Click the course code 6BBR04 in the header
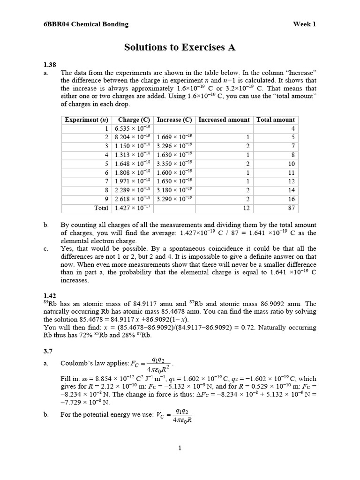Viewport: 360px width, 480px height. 55,24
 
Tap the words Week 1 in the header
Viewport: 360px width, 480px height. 305,24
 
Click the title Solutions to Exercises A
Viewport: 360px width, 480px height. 180,47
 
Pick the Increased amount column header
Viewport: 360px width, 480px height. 224,120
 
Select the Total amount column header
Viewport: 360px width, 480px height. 276,120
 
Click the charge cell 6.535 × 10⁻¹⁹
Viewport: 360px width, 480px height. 133,128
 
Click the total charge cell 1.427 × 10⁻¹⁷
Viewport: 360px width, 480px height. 133,208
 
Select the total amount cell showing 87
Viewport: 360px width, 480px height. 291,208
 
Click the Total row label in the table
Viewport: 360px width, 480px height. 101,208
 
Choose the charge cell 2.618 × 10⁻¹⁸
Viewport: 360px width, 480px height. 133,199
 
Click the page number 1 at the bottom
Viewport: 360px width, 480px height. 180,448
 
